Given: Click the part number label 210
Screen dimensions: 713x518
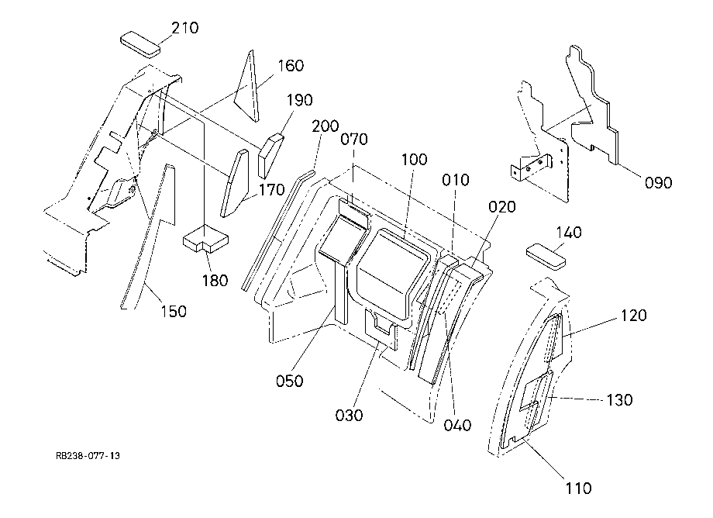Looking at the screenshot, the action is point(185,28).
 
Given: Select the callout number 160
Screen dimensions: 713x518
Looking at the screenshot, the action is point(291,66).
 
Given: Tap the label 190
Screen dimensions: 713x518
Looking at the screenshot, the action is point(300,100).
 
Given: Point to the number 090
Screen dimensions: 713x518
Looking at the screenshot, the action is point(658,183).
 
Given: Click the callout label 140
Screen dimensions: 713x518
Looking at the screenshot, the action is point(569,233).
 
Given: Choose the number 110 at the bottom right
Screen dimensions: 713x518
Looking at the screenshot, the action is point(578,489).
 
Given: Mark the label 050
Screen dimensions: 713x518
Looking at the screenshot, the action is point(290,381).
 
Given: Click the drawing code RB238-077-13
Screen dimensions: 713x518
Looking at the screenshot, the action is point(88,456).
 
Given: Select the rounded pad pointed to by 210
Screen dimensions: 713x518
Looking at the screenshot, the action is point(140,44).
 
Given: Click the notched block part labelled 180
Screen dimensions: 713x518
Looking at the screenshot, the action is point(205,240).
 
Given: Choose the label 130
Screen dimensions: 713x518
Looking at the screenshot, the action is point(619,400).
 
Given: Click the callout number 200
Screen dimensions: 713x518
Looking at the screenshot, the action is point(325,126).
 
